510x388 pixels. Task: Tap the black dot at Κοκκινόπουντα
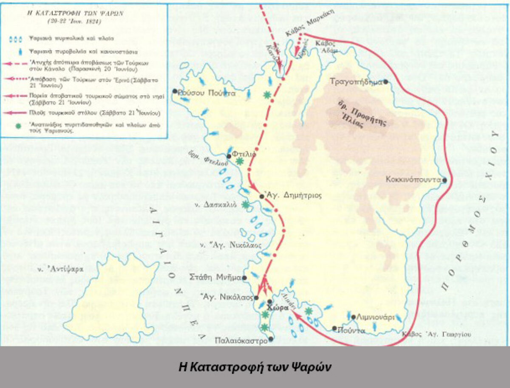click(x=445, y=180)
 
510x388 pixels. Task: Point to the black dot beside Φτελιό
click(x=229, y=156)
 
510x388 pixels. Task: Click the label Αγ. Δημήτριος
click(x=293, y=196)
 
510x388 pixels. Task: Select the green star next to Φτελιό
click(x=240, y=161)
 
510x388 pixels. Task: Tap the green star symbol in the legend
click(x=17, y=127)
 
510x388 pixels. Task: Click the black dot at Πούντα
click(x=334, y=329)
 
